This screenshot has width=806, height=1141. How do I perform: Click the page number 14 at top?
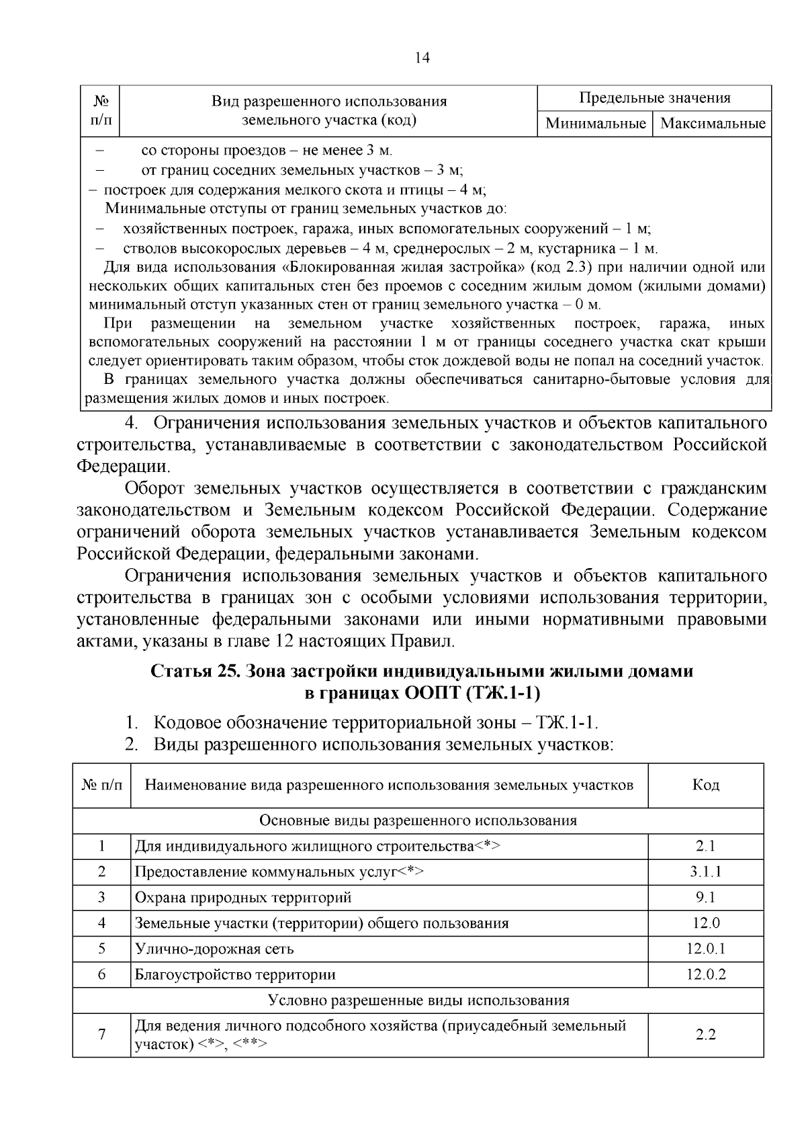422,58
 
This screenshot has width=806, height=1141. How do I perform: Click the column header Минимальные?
595,124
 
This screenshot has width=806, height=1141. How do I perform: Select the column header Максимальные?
712,124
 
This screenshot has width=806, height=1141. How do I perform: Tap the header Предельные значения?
654,98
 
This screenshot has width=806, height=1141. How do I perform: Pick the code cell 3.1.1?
705,872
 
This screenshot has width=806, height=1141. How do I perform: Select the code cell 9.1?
705,898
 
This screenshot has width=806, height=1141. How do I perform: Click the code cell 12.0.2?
705,974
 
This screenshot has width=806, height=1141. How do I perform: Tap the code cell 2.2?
705,1035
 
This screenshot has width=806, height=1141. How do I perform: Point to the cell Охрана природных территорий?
243,898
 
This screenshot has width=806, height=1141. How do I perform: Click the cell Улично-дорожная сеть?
214,949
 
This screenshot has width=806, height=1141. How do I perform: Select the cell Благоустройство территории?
235,974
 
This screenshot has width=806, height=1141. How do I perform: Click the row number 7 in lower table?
102,1035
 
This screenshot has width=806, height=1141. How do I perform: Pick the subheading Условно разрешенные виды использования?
418,1000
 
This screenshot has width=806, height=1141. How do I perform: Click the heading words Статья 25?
191,671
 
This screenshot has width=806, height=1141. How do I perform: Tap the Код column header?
705,785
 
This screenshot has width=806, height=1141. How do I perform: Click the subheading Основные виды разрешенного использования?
418,821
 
